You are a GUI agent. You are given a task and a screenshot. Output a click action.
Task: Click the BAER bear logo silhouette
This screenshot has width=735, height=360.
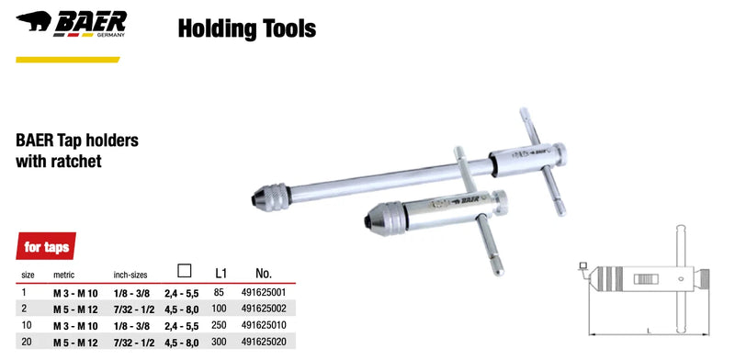point(34,20)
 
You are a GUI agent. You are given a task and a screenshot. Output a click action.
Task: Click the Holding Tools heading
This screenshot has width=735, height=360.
point(247,28)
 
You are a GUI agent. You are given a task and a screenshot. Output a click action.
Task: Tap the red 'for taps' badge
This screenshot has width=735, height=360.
point(46,246)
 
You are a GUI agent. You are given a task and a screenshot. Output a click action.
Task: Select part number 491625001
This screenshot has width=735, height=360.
point(264,293)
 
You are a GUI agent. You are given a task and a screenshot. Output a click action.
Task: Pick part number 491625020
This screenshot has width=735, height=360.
point(264,342)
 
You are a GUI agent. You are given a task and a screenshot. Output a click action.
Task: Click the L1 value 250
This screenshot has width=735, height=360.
point(219,325)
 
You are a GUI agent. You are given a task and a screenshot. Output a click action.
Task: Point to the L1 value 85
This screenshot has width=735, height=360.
point(219,293)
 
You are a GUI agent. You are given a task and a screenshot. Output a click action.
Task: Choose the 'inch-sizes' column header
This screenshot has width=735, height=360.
point(130,275)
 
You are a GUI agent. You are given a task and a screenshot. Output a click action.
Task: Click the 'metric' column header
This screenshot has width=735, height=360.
point(63,276)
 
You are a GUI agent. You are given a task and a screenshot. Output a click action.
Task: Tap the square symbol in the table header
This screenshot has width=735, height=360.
point(185,271)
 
